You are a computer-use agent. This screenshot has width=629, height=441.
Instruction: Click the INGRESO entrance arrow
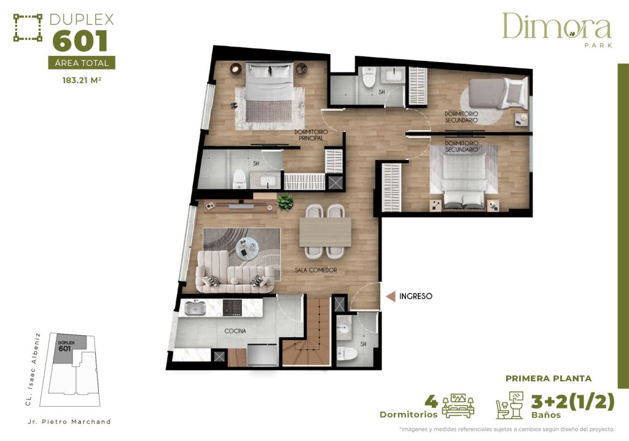[x=390, y=296]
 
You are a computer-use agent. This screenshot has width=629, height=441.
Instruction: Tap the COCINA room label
[x=235, y=331]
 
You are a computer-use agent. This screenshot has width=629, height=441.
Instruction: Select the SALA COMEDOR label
[x=316, y=270]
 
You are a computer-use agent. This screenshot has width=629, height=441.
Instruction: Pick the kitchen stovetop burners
[x=233, y=306]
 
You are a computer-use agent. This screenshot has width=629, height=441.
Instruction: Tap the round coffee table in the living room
[x=249, y=247]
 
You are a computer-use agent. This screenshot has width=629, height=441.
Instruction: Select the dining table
[x=325, y=232]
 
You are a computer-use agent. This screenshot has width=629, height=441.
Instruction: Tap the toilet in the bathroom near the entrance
[x=345, y=354]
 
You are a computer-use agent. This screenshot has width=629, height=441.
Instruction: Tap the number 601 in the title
[x=80, y=41]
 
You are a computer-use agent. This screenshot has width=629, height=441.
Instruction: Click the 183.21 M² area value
[x=81, y=79]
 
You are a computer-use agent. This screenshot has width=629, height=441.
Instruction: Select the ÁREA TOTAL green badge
[x=81, y=63]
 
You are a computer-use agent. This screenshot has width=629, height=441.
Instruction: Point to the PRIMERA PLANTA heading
[x=548, y=378]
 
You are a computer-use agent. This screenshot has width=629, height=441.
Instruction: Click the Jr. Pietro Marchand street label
[x=69, y=421]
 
